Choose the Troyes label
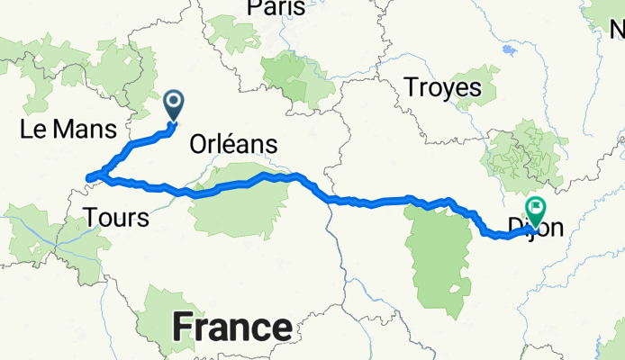click(x=442, y=88)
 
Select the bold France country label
click(x=231, y=326)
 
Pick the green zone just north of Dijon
click(x=526, y=157)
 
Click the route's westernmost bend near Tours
click(x=88, y=176)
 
